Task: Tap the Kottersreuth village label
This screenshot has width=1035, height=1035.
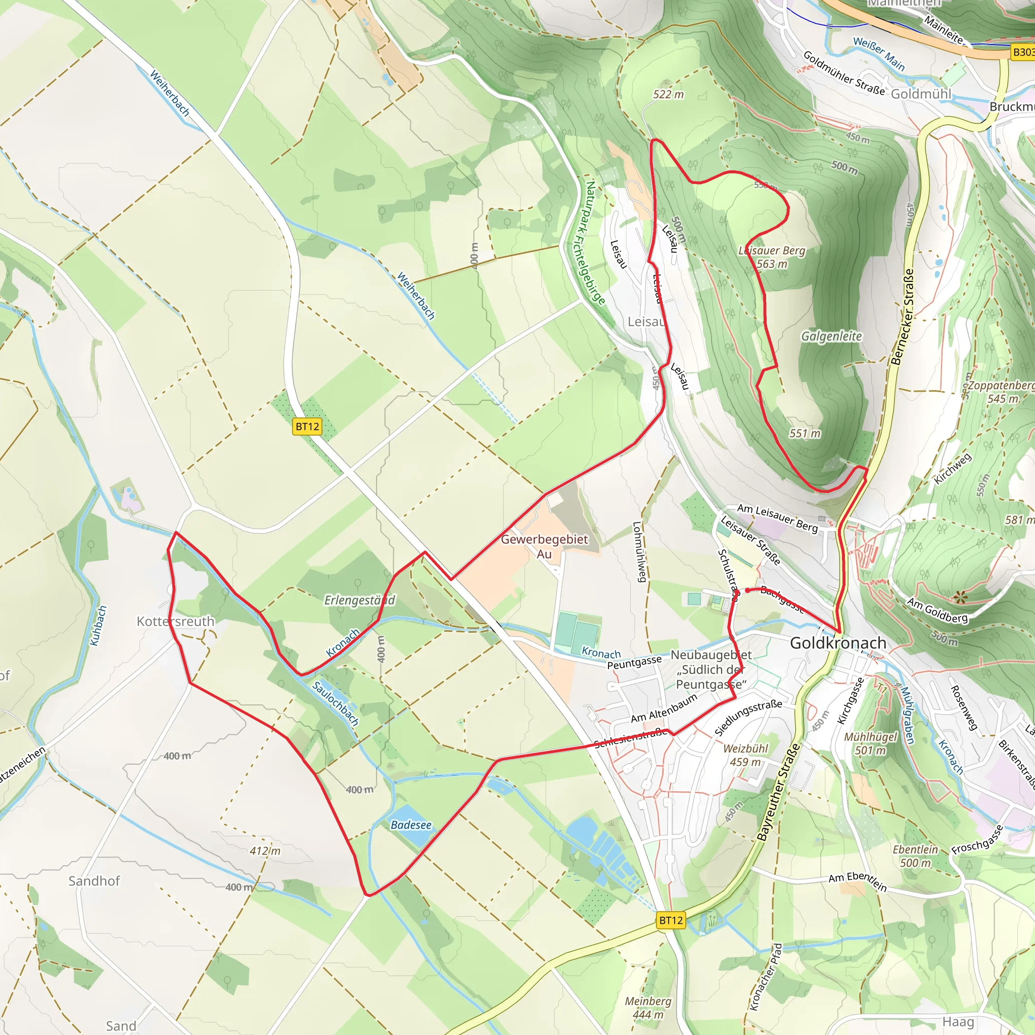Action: (175, 622)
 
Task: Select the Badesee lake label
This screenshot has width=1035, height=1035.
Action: (411, 825)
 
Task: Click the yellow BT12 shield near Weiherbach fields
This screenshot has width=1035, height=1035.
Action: (307, 427)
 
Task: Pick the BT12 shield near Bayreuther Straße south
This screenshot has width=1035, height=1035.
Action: (671, 920)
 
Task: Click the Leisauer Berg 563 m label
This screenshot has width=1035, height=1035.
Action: (772, 257)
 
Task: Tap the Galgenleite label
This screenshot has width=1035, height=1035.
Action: (831, 337)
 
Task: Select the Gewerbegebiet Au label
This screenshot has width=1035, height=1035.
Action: (544, 546)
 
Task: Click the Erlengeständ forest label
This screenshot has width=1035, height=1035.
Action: (359, 600)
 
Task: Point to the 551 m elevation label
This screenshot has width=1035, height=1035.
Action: (805, 434)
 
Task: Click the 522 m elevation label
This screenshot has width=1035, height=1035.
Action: (668, 95)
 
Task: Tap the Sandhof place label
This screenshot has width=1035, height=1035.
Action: (94, 881)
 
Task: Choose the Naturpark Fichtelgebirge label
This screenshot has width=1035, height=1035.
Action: (595, 243)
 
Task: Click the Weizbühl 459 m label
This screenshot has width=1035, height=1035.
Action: (745, 756)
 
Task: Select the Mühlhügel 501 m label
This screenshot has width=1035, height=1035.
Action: (870, 743)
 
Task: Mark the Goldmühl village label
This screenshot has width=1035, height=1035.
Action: (921, 95)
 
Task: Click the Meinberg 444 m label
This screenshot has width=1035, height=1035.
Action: (648, 1008)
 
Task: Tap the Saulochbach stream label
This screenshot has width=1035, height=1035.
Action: (336, 703)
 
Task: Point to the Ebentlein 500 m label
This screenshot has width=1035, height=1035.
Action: (915, 856)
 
